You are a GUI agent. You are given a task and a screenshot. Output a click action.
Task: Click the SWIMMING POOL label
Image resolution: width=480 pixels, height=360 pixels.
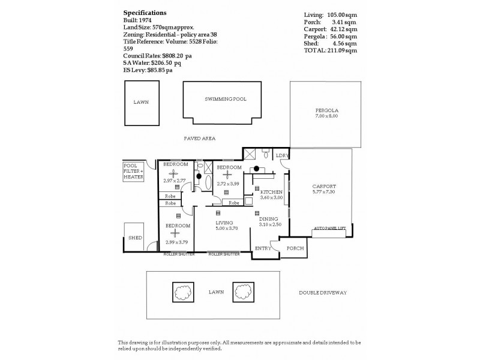pos(225,99)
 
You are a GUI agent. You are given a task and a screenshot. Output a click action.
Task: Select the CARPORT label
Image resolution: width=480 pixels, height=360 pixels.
pos(324,187)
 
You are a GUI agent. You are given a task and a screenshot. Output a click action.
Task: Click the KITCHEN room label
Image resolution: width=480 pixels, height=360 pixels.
pos(271,192)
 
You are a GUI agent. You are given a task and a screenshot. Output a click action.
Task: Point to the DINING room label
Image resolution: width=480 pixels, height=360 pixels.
pos(268,219)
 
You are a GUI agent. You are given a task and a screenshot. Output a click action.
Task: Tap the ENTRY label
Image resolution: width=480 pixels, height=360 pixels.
pos(262,248)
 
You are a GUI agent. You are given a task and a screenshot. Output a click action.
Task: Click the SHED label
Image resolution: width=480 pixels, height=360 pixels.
pos(135,238)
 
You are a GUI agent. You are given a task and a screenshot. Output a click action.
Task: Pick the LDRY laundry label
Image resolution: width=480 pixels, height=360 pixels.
pos(282,156)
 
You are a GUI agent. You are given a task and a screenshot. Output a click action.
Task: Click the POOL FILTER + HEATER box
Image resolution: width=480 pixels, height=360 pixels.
pos(133,172)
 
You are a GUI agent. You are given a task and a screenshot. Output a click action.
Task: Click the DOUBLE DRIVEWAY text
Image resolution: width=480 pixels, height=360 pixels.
pos(323,293)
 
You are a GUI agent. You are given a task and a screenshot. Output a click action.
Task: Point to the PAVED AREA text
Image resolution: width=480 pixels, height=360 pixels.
pos(199,138)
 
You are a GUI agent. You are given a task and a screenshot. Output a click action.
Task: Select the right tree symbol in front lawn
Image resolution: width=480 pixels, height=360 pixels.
pos(242,292)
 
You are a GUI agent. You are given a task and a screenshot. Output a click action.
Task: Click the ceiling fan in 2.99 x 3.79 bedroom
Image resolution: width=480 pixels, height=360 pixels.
pos(175,234)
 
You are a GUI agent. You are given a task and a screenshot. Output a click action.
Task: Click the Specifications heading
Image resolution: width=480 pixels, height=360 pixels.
pos(145,12)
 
